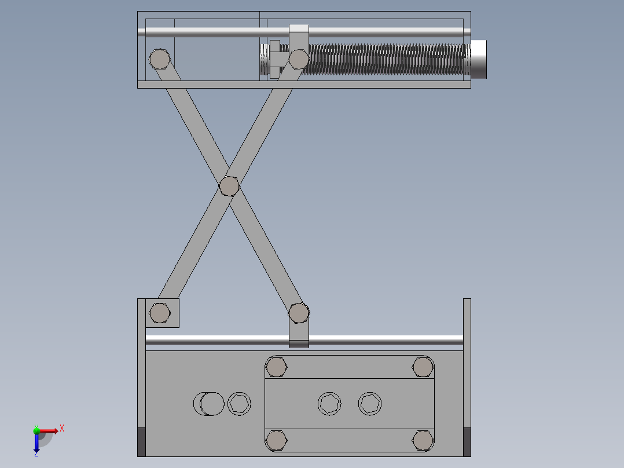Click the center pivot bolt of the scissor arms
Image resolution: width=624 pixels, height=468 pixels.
click(x=229, y=186)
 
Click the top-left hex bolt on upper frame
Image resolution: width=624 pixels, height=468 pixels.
click(x=159, y=58)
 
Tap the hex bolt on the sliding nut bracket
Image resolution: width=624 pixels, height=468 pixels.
click(x=298, y=58)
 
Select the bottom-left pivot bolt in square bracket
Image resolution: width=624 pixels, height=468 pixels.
click(x=160, y=313)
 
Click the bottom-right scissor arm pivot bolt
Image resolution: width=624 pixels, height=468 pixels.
click(x=298, y=313)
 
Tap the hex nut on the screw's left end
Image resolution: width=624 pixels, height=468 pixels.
click(x=275, y=58)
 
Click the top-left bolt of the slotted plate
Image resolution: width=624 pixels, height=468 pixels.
click(x=277, y=367)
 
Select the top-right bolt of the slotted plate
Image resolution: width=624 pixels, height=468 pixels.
click(x=423, y=367)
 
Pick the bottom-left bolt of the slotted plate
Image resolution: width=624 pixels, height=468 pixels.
click(x=277, y=440)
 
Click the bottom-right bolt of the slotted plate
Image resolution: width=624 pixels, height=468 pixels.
click(x=423, y=440)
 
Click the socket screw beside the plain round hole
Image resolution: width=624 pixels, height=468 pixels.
click(x=239, y=404)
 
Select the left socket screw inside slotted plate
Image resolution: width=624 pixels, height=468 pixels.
click(x=329, y=404)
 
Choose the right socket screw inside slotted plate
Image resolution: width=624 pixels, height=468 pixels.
click(x=370, y=404)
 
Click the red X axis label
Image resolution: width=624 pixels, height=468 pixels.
click(x=61, y=429)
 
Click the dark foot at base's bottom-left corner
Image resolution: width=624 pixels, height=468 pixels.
click(x=141, y=441)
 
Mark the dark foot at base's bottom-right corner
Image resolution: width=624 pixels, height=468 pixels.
click(x=467, y=441)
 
